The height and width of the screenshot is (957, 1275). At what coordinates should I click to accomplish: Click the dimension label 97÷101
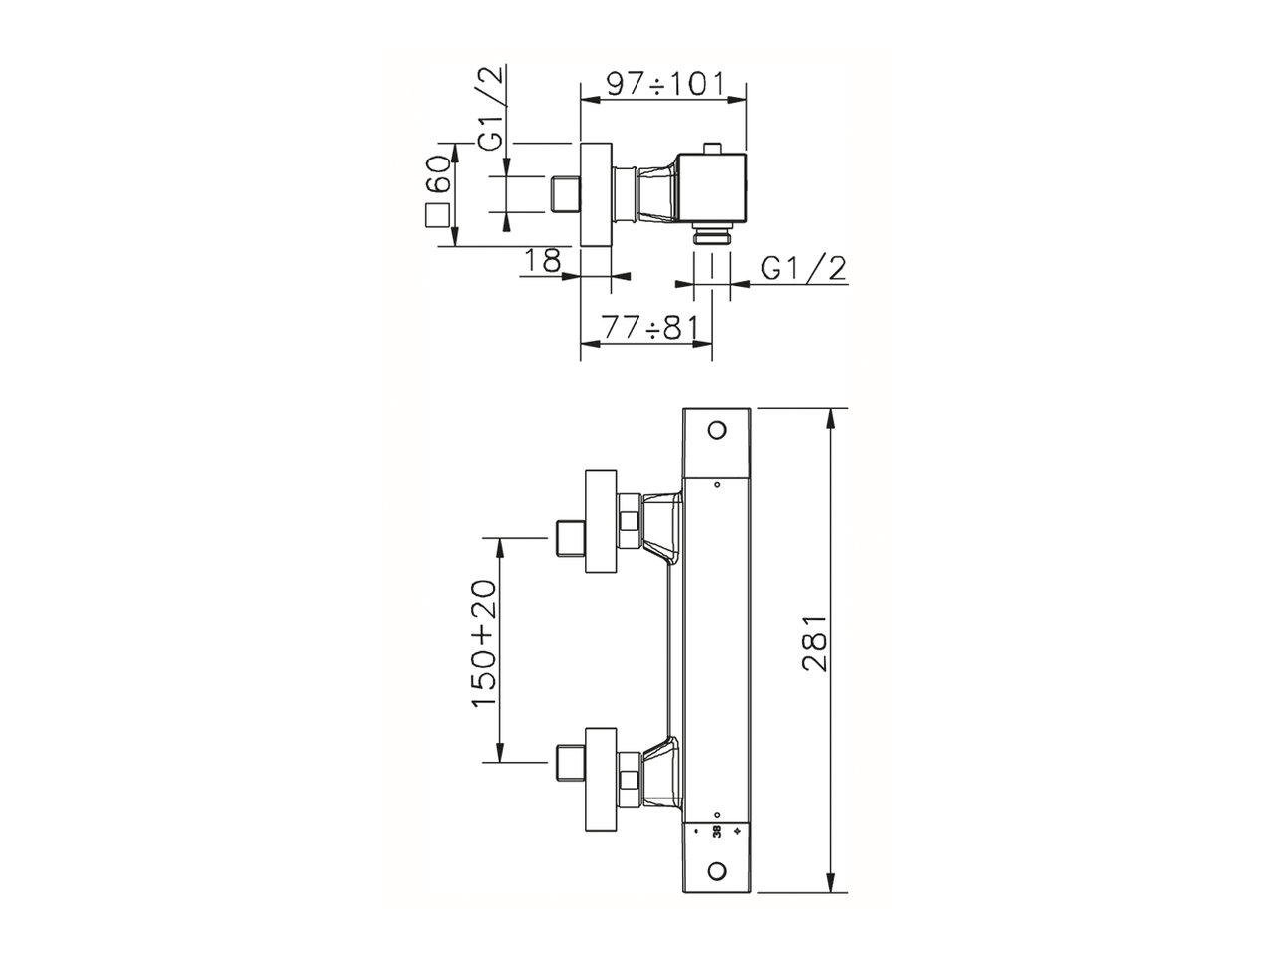[x=663, y=83]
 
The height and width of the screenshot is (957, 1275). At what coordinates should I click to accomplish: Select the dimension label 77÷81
[x=645, y=328]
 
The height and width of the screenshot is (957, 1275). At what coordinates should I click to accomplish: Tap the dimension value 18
[x=543, y=260]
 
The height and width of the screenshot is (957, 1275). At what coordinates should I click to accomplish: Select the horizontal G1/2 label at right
[x=803, y=268]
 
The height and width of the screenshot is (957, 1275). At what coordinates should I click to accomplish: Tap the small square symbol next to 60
[x=437, y=216]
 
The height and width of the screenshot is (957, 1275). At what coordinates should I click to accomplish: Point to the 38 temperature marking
[x=717, y=830]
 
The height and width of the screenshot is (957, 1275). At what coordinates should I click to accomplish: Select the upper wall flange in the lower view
[x=602, y=521]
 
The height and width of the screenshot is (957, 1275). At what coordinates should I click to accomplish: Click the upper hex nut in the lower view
[x=629, y=520]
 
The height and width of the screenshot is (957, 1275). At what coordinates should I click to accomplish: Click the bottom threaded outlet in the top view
[x=712, y=236]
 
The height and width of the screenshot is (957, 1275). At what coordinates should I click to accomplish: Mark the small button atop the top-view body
[x=711, y=149]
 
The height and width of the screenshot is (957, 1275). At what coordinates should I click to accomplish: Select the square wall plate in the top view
[x=594, y=194]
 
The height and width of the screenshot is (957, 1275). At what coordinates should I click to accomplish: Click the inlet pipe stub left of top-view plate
[x=565, y=194]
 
